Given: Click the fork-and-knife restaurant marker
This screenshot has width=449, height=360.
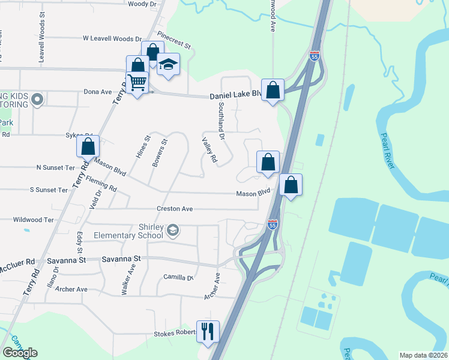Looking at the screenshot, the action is coord(208,332).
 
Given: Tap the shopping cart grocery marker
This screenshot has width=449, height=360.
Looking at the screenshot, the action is coord(137,83).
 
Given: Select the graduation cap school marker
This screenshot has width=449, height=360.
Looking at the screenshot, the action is coord(168,65).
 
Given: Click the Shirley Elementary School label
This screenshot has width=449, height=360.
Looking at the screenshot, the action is coord(128,231).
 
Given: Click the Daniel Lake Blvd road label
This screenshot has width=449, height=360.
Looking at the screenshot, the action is coord(235,95).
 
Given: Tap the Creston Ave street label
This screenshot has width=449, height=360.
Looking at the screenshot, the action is coord(175,209).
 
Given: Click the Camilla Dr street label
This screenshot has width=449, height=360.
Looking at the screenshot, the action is coord(179,277).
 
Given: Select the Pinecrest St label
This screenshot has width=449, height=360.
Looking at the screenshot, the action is coord(173,41).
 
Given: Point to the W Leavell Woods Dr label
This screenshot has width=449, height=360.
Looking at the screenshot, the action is coord(108,38).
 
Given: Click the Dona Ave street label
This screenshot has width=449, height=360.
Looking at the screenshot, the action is coord(98,92).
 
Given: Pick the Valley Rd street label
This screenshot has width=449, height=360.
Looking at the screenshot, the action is coord(208,150).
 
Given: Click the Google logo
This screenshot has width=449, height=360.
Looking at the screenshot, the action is coord(20,353).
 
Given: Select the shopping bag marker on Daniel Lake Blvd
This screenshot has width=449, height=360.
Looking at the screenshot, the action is coord(273,91).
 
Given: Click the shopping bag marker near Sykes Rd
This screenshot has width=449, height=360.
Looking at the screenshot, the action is coord(88,146).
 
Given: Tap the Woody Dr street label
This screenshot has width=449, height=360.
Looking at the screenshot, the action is coord(142,4).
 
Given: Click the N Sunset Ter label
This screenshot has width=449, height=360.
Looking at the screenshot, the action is coord(55,167).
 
